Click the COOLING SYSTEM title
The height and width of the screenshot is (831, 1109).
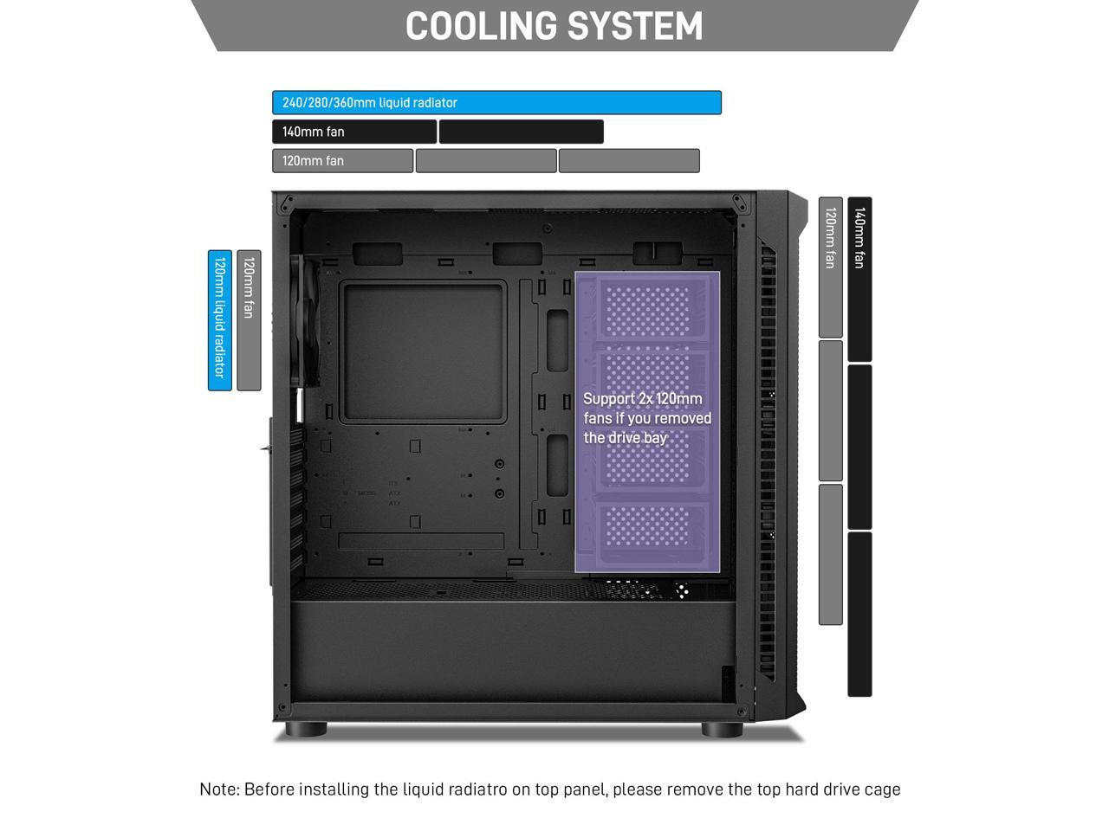tap(554, 26)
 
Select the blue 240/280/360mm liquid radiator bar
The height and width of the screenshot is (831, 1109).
tap(496, 102)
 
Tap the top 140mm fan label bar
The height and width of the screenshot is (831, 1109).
tap(353, 132)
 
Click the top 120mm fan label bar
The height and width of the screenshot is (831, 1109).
tap(342, 161)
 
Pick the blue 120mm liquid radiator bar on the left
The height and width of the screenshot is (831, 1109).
tap(220, 319)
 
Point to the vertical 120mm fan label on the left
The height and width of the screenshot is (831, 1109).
tap(249, 319)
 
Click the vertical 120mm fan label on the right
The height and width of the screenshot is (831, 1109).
tap(830, 267)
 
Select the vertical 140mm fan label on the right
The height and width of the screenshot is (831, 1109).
tap(859, 278)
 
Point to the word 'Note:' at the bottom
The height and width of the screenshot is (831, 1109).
tap(219, 789)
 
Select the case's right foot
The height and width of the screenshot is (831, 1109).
tap(722, 730)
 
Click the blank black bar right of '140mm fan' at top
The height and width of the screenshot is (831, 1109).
tap(521, 132)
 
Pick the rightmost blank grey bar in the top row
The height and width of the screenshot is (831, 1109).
tap(628, 161)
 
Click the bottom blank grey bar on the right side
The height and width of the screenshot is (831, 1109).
tap(830, 554)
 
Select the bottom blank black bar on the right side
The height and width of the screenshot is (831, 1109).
tap(859, 614)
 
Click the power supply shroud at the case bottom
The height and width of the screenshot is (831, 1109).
tap(511, 649)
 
